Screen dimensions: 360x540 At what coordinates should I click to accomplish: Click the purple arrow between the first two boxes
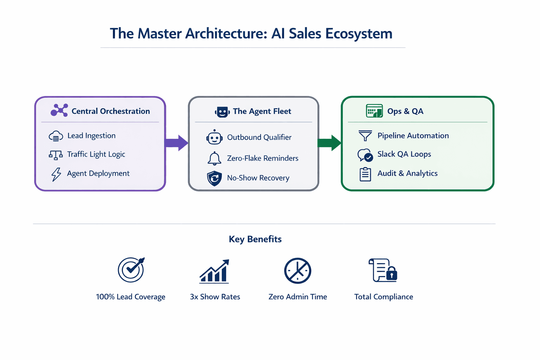[176, 143]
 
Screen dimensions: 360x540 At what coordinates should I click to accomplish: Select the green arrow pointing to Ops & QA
[329, 143]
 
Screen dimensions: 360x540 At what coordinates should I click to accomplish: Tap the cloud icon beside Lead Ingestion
[56, 136]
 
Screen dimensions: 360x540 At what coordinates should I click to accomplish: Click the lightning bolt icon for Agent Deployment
[56, 174]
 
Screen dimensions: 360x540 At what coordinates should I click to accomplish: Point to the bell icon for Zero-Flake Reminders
[214, 159]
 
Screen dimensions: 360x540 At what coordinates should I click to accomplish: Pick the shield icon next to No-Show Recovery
[214, 178]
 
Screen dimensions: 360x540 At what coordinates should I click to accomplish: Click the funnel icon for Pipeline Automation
[365, 136]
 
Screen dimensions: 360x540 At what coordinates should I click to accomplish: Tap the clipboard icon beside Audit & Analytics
[365, 174]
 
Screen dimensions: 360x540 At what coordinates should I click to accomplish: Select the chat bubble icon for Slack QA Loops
[365, 155]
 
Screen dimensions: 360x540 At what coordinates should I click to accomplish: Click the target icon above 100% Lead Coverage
[131, 270]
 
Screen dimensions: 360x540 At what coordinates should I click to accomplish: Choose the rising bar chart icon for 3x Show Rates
[214, 271]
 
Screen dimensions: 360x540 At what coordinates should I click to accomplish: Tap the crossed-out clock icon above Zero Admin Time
[297, 271]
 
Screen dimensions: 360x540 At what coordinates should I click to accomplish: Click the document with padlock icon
[383, 270]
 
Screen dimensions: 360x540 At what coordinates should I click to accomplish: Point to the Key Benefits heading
[255, 239]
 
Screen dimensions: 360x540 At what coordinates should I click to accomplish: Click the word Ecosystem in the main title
[359, 34]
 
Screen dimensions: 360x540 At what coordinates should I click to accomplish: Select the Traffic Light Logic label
[96, 154]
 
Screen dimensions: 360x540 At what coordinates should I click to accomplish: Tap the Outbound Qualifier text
[259, 137]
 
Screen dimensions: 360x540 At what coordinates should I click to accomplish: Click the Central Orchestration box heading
[111, 111]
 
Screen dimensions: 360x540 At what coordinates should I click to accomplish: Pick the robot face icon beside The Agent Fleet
[222, 112]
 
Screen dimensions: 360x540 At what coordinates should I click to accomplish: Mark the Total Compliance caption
[384, 297]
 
